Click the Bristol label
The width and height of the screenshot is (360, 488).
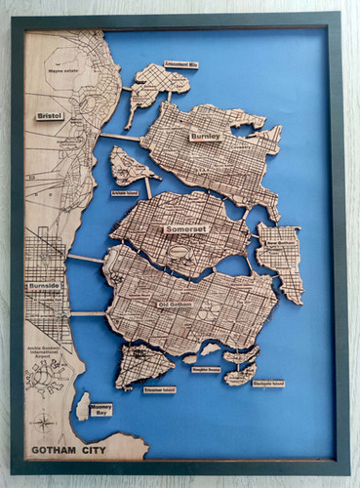(x=50, y=115)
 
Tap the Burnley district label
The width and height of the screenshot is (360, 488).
(x=206, y=137)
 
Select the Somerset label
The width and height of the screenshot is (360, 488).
(x=185, y=230)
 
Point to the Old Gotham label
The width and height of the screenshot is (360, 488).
(x=176, y=305)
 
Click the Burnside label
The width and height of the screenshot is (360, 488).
(x=44, y=285)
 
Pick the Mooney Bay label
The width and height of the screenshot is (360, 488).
(x=100, y=410)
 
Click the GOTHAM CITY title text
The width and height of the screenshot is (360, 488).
(x=66, y=450)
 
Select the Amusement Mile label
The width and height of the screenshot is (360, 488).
(x=181, y=64)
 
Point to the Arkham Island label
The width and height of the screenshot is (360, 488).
(x=124, y=194)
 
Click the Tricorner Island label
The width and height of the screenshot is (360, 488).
(x=159, y=388)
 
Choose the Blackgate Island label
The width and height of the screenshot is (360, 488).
(x=265, y=384)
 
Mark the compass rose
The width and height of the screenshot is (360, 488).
(x=43, y=423)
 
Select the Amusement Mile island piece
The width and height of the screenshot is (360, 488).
(x=156, y=85)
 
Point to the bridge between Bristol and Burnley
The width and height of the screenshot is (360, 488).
(x=120, y=136)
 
